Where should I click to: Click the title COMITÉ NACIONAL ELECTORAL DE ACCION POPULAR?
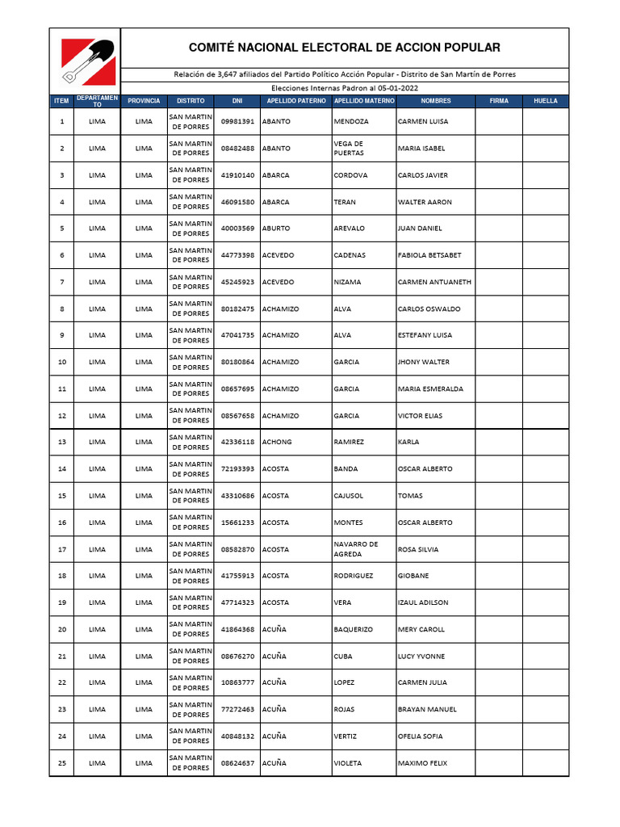pos(344,48)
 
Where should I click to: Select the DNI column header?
pos(237,101)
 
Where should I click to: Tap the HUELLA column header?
pos(546,101)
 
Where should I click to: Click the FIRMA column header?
pos(499,101)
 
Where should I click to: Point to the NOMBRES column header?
pos(435,101)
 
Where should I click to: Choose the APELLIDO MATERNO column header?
pos(364,101)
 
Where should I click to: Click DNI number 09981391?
pos(237,121)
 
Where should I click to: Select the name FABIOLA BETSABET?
pos(429,255)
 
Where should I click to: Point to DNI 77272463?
pos(237,709)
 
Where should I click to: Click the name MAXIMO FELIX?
pos(422,763)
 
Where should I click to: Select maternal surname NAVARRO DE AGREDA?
pos(356,549)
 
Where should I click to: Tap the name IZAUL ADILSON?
pos(423,602)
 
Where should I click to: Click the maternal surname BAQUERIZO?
pos(353,629)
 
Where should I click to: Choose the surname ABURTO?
pos(278,229)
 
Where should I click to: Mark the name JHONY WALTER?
pos(424,362)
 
